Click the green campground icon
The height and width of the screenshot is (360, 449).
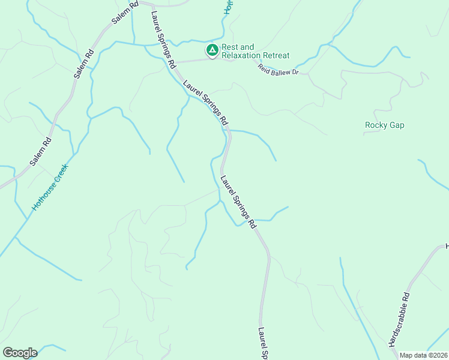click(x=212, y=50)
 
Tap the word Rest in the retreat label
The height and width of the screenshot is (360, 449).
click(x=230, y=47)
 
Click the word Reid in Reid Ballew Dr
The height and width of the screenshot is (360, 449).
click(x=265, y=68)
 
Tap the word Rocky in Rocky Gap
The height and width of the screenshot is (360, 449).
click(x=375, y=125)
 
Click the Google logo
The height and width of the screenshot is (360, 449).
click(x=20, y=353)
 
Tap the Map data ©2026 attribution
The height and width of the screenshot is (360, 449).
click(x=423, y=355)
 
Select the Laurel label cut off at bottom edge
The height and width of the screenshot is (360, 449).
click(x=262, y=343)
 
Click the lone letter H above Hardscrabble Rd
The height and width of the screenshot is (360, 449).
click(x=446, y=247)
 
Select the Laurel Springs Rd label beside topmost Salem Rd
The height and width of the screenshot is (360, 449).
click(x=163, y=38)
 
